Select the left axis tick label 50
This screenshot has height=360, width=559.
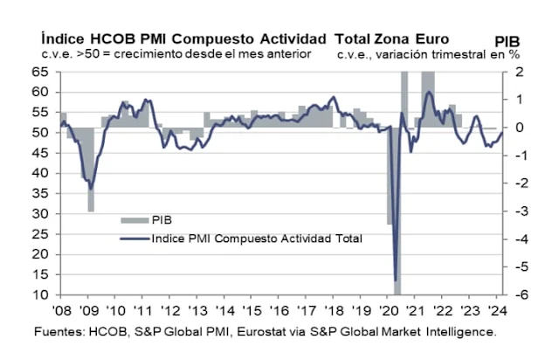click(41, 132)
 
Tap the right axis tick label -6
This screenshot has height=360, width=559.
click(517, 295)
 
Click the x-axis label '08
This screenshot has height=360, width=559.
click(61, 312)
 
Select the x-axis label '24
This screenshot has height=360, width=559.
click(494, 312)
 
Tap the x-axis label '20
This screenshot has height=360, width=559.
click(386, 312)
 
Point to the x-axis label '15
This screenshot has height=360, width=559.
click(251, 312)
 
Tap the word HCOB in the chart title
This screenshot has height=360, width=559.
click(121, 38)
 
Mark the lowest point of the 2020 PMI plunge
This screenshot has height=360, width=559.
click(396, 279)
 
